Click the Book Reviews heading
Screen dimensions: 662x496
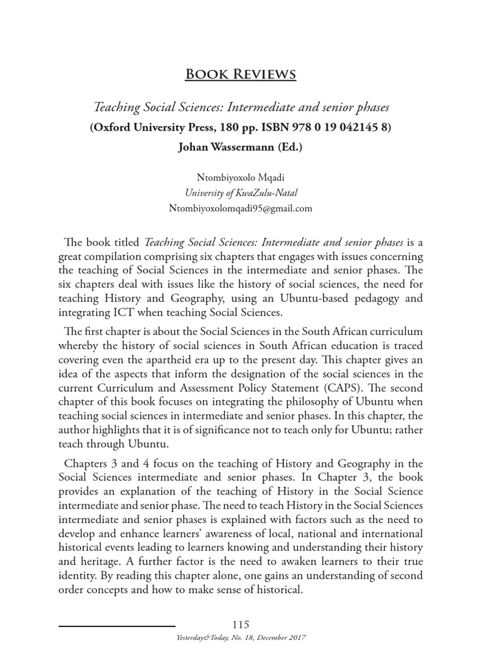pyautogui.click(x=240, y=74)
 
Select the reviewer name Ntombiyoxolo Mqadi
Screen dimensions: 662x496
pyautogui.click(x=240, y=177)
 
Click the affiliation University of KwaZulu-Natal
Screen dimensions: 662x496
pyautogui.click(x=240, y=193)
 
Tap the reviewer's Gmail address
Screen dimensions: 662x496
pyautogui.click(x=240, y=208)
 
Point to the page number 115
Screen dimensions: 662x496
pyautogui.click(x=240, y=624)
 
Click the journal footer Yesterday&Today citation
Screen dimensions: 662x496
pyautogui.click(x=240, y=637)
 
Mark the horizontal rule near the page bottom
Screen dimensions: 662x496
pyautogui.click(x=117, y=626)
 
